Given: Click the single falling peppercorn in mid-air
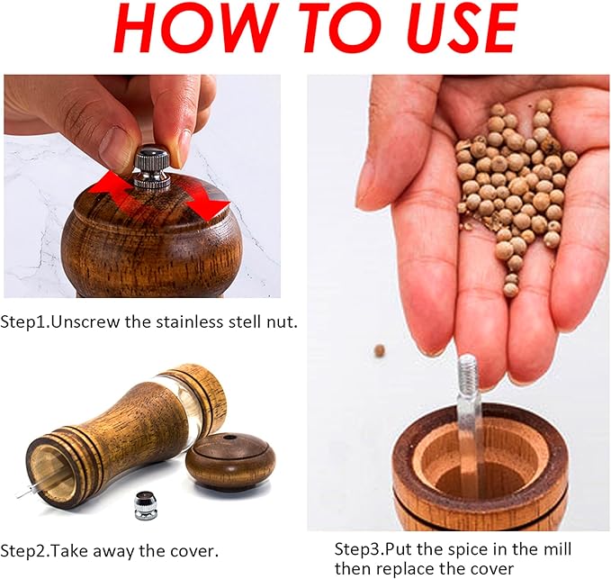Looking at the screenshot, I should (379, 350).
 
